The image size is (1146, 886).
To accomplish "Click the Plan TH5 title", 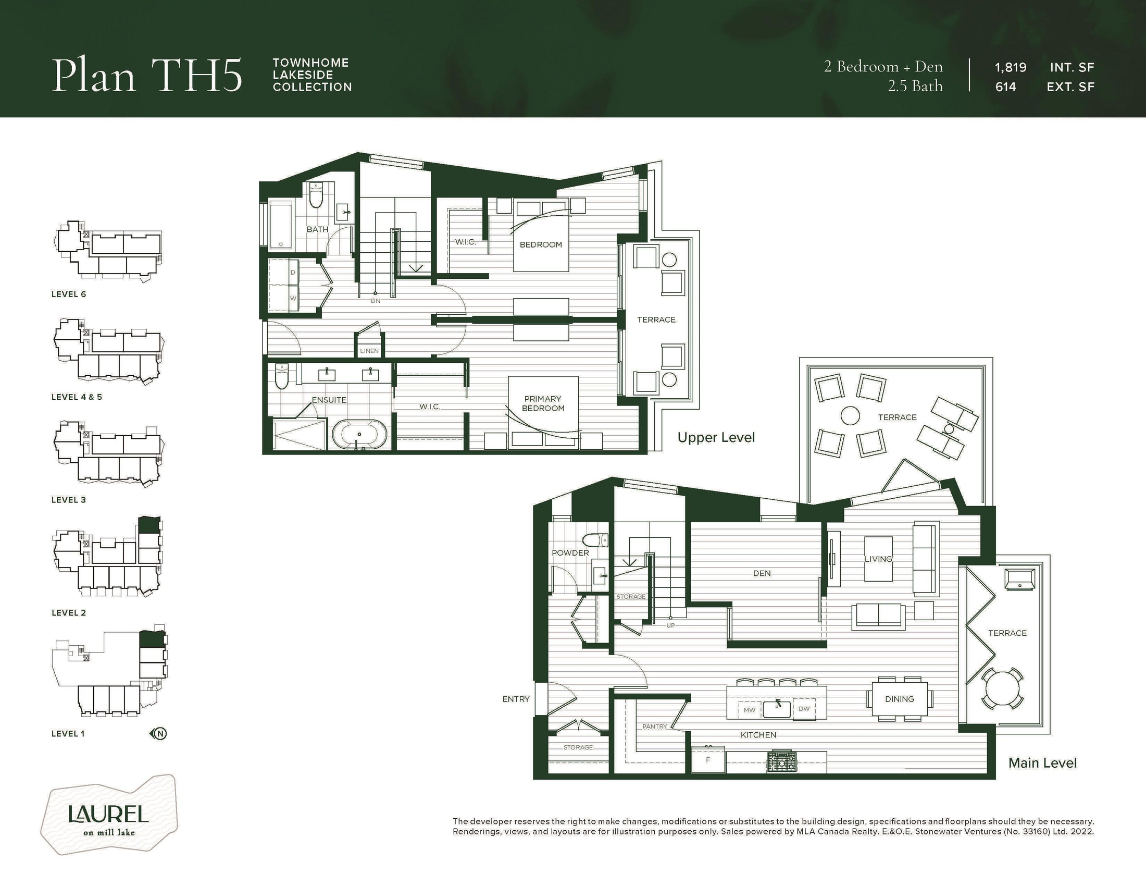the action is [147, 75].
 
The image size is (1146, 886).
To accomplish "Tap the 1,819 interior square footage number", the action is [1011, 68].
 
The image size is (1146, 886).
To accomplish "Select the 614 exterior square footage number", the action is [1005, 87].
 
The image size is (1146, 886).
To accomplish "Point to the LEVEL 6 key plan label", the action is [68, 294].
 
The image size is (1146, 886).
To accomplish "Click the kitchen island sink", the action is [777, 709].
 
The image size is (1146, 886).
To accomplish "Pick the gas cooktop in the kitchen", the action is [782, 761].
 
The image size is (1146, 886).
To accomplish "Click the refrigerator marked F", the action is [708, 759].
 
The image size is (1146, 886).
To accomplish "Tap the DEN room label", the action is [762, 574].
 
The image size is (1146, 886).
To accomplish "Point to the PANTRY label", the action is [655, 727].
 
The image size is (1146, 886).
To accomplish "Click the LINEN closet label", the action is [369, 351].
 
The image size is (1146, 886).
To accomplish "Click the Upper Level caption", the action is [716, 438].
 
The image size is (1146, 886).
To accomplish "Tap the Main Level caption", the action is [1043, 763].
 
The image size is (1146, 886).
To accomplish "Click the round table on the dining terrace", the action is [1002, 687].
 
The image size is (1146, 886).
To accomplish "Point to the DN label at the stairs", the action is [376, 301].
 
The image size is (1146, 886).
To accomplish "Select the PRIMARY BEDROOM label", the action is [543, 403].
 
